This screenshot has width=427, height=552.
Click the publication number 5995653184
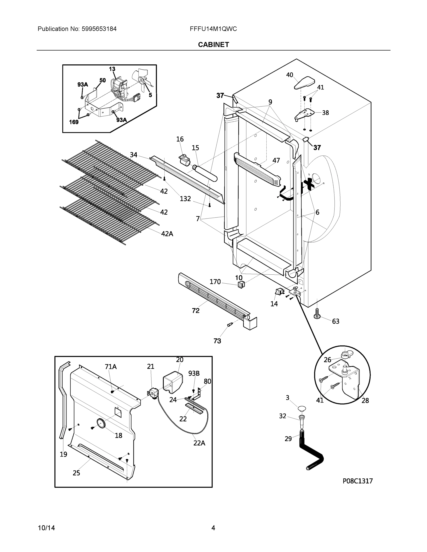pyautogui.click(x=99, y=29)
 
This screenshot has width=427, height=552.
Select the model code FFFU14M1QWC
pyautogui.click(x=213, y=29)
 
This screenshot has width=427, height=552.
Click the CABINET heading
pyautogui.click(x=213, y=45)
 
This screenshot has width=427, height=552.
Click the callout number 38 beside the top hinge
pyautogui.click(x=325, y=113)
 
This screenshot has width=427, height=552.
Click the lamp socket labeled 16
pyautogui.click(x=185, y=160)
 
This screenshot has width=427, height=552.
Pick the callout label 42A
pyautogui.click(x=167, y=234)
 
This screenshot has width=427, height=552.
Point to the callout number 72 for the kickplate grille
pyautogui.click(x=195, y=311)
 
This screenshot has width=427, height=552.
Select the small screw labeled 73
pyautogui.click(x=230, y=325)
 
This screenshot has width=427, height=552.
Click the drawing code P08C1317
pyautogui.click(x=357, y=481)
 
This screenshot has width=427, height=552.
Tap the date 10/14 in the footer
pyautogui.click(x=46, y=528)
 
